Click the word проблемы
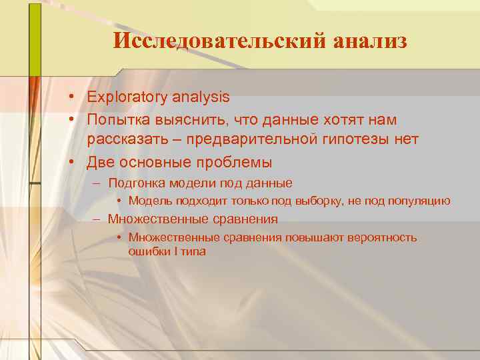tap(236, 162)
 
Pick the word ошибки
tap(147, 252)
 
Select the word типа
tap(191, 252)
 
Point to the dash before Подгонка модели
tap(97, 183)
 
